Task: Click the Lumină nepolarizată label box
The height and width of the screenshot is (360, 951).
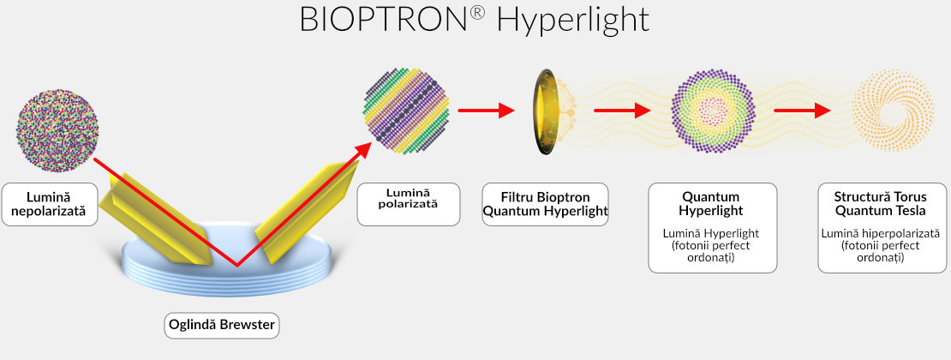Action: (x=49, y=204)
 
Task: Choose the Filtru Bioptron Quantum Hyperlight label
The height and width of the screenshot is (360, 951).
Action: (x=545, y=204)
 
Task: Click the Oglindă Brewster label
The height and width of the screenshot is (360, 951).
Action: (x=222, y=325)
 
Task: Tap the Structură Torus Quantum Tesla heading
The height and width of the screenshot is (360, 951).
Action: (x=874, y=204)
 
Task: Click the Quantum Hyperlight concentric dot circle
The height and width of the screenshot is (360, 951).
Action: (x=713, y=111)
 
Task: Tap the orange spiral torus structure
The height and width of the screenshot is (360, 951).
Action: (x=894, y=111)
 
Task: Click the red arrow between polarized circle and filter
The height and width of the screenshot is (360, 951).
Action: (x=485, y=110)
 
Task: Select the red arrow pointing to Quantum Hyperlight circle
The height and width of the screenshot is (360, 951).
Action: (x=620, y=110)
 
